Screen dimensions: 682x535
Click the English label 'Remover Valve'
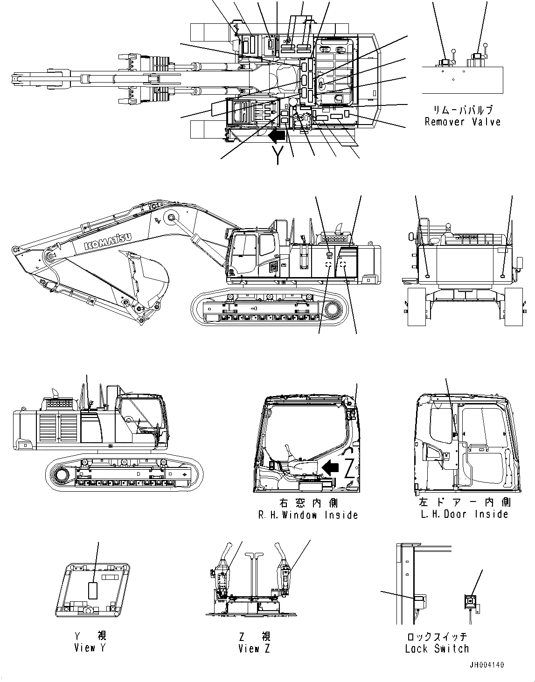tap(462, 122)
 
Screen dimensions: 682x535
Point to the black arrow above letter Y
tap(277, 136)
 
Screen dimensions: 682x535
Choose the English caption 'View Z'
tap(254, 648)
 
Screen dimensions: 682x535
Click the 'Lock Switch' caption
tap(437, 648)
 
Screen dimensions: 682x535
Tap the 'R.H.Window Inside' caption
tap(308, 515)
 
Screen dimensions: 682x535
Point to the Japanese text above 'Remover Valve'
tap(462, 110)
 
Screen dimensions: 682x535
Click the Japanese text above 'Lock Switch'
tap(437, 637)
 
